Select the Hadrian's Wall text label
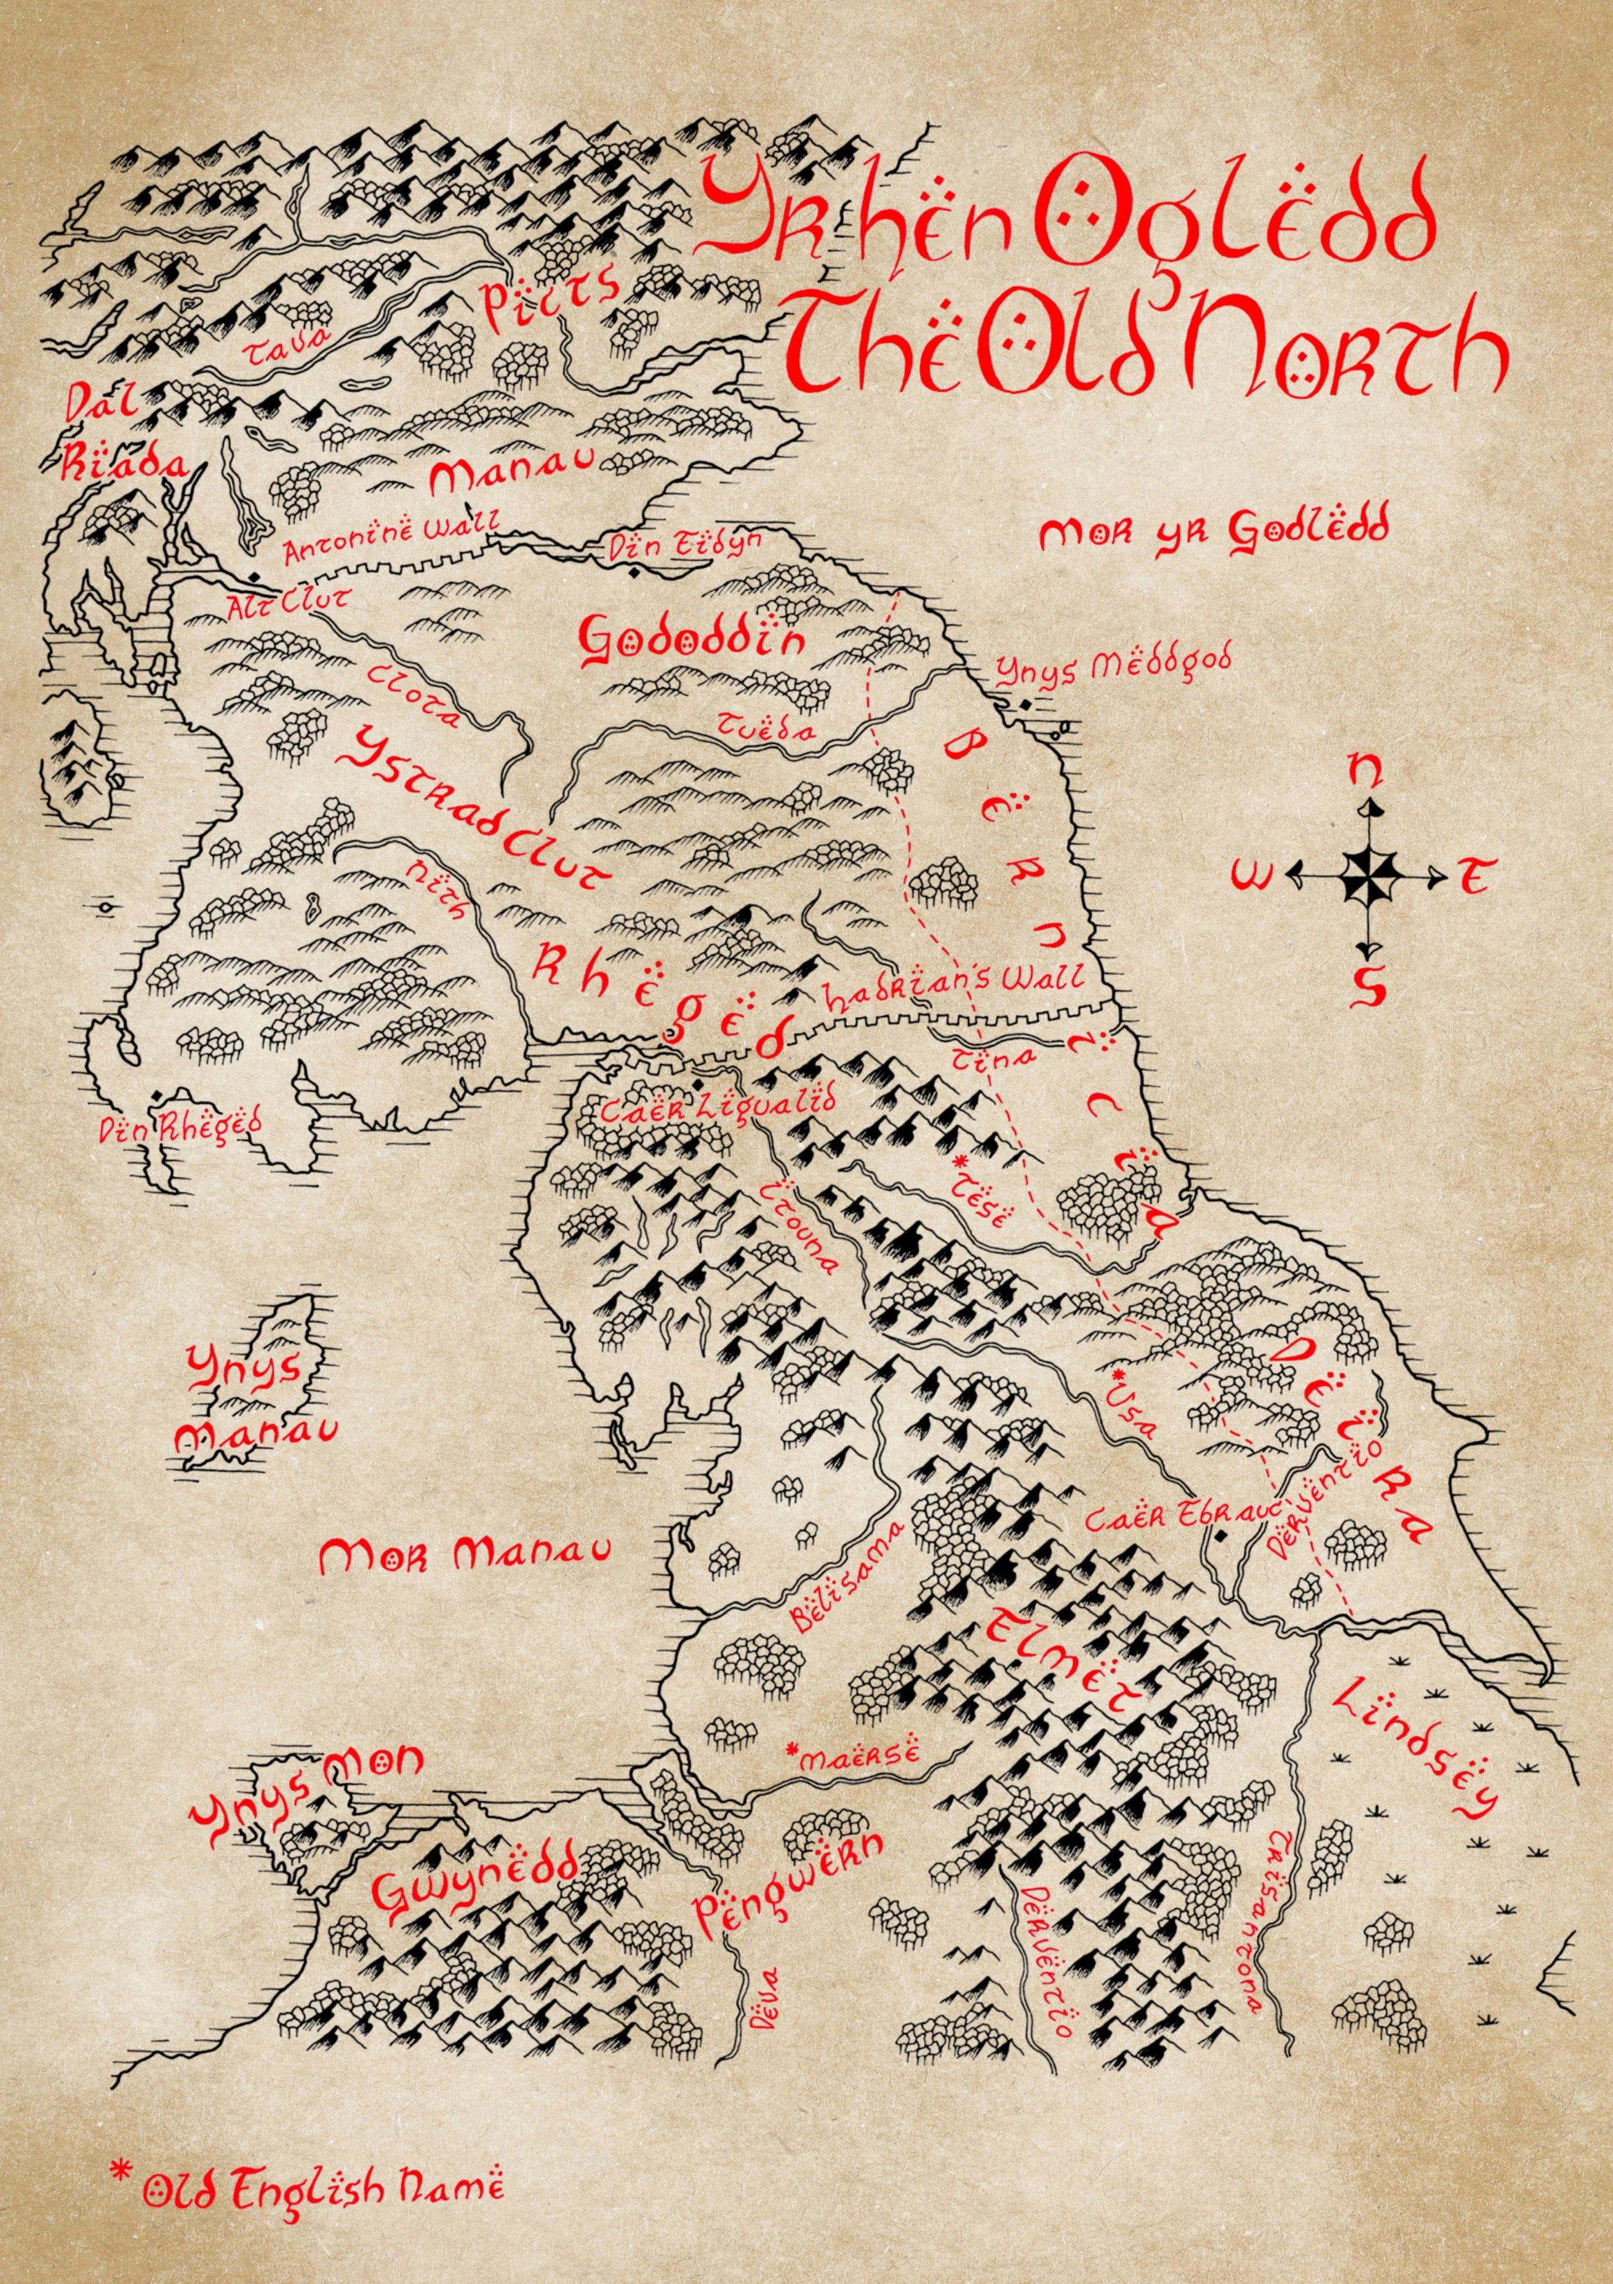click(952, 995)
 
